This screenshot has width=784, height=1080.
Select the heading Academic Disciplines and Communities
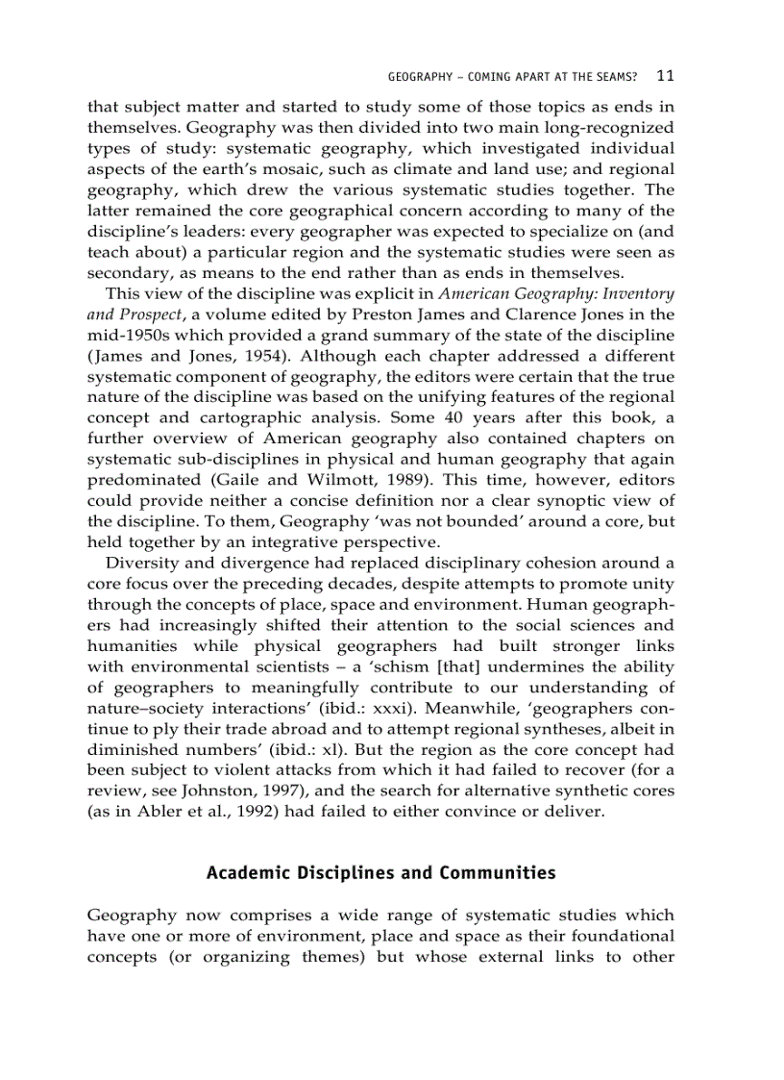pyautogui.click(x=380, y=873)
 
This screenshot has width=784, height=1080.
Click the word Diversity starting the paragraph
pyautogui.click(x=141, y=563)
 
